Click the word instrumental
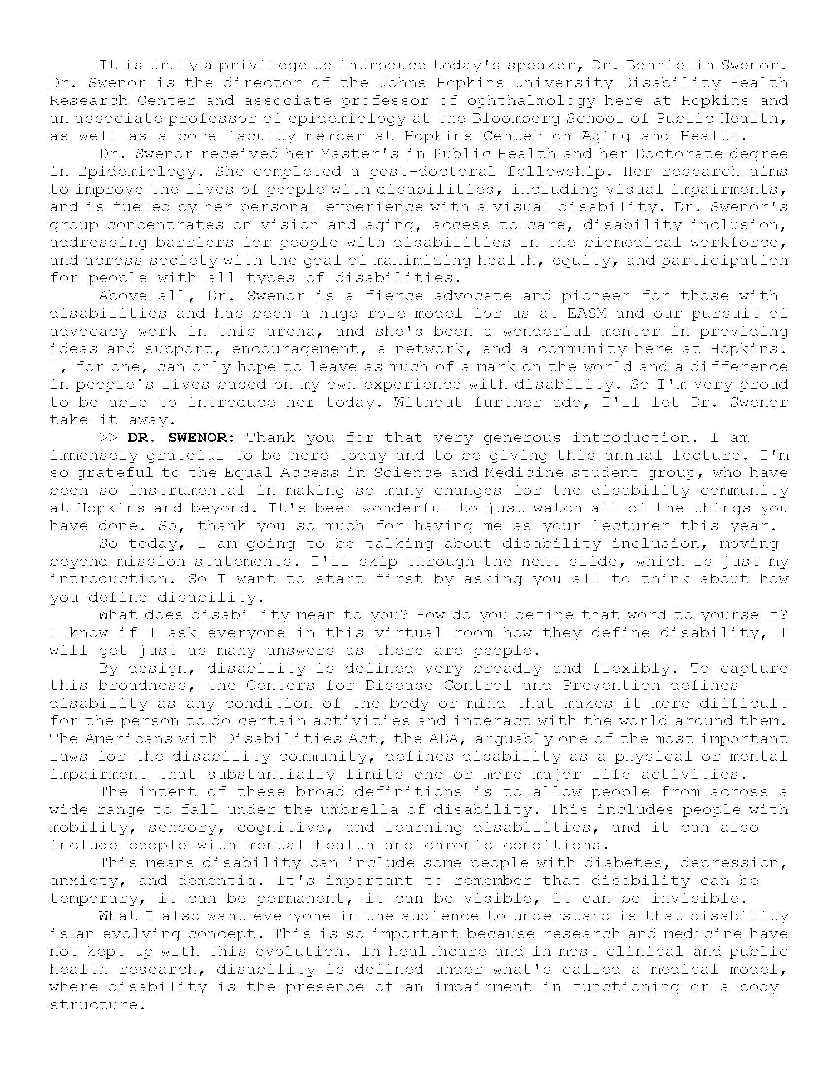[187, 491]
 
